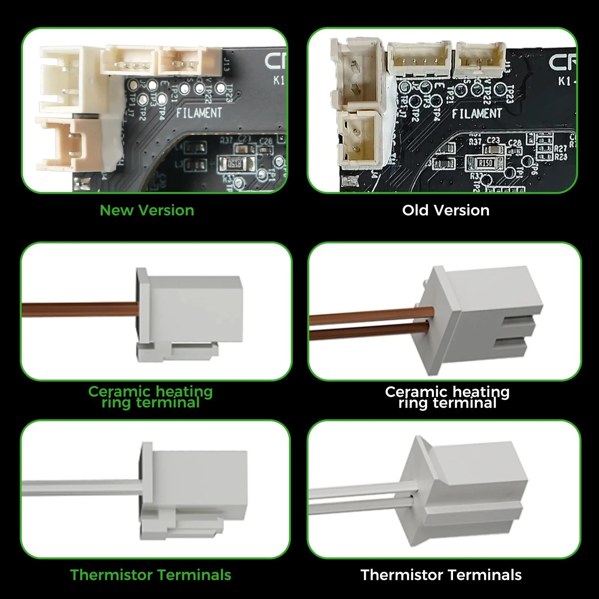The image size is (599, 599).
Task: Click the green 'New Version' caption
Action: [147, 210]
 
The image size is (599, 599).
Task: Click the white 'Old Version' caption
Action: [446, 210]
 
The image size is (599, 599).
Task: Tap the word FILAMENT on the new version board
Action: [199, 113]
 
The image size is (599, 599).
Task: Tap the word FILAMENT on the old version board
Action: [477, 113]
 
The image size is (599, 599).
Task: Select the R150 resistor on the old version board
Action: [486, 163]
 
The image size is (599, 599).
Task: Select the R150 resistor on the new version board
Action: [235, 164]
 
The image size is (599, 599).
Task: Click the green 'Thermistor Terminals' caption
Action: [150, 575]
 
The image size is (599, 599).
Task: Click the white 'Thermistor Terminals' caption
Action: [441, 575]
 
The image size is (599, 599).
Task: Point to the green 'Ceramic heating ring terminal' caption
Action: [150, 397]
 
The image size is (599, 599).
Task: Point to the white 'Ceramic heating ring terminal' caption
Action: [447, 397]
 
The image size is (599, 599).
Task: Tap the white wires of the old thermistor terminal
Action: [359, 498]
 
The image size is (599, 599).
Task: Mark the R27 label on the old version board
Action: [560, 149]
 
